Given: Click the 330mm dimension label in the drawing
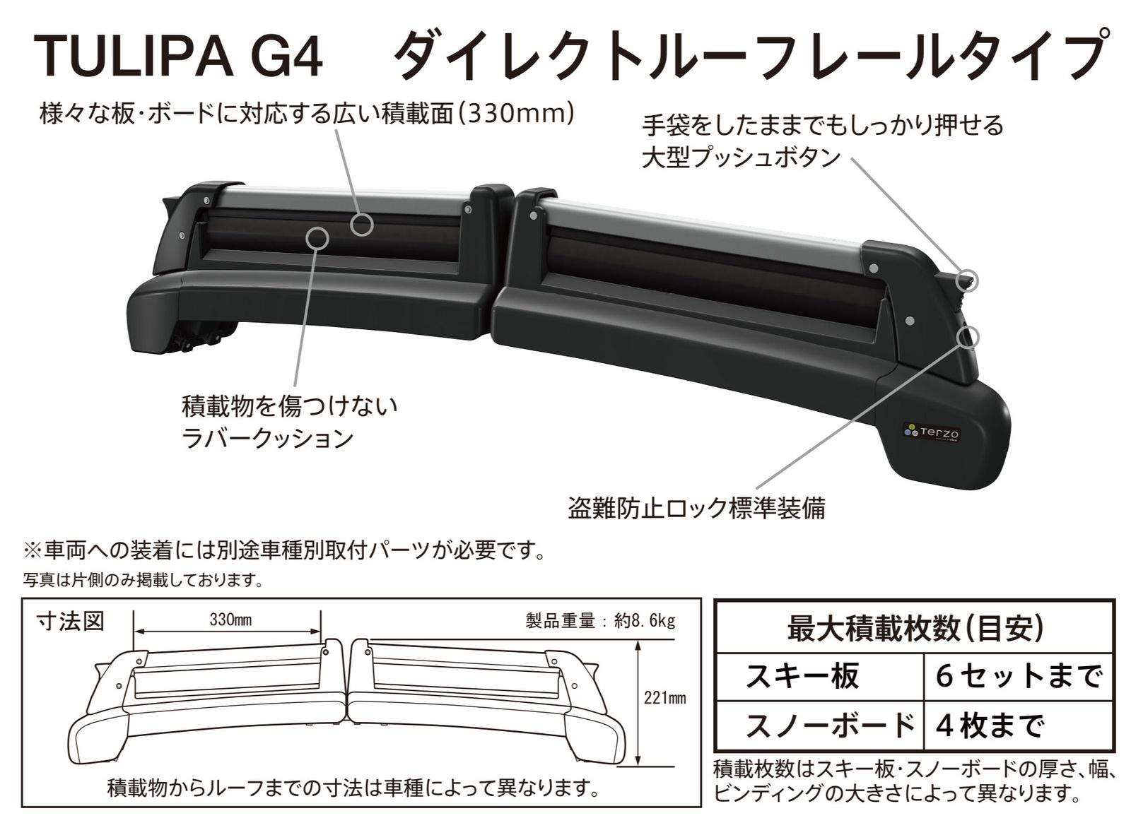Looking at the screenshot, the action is (230, 620).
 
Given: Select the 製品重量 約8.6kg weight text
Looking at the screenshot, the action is (600, 620).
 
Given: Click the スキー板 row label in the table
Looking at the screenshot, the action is (802, 677).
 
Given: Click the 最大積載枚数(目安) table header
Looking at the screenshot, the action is (915, 629).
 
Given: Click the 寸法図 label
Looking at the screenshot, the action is (71, 622).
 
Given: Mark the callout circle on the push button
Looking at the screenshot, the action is (967, 279).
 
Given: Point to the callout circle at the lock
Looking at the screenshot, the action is (967, 338).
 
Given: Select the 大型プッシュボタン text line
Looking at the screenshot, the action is (740, 158).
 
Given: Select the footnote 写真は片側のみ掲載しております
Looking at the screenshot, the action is (143, 580).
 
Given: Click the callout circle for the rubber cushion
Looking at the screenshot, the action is (317, 238).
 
